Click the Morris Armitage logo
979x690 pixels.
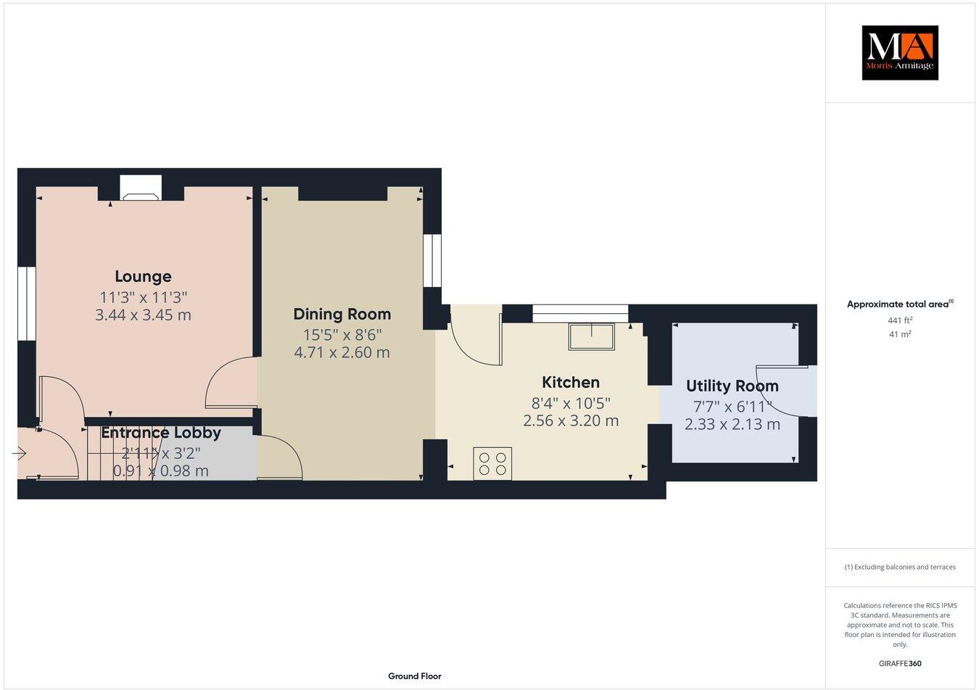point(899,52)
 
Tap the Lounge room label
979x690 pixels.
point(143,276)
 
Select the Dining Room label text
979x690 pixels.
point(342,314)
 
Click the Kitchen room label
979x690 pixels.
point(571,382)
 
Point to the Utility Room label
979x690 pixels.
point(732,386)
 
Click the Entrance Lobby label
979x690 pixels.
point(160,433)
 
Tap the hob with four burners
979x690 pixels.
point(492,463)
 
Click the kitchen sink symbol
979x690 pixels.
point(592,337)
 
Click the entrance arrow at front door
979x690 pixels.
point(20,454)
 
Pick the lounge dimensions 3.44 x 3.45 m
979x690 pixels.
point(143,315)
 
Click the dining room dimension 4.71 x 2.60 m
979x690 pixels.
point(342,353)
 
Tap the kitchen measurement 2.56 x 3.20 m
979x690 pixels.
point(571,420)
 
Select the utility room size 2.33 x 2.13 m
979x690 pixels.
point(732,424)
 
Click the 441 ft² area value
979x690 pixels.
point(899,320)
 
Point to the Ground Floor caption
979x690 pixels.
point(414,676)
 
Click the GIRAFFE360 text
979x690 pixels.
point(899,663)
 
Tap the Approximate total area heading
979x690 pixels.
point(899,304)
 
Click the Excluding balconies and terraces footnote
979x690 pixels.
point(899,567)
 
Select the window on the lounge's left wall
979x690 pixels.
point(27,304)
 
